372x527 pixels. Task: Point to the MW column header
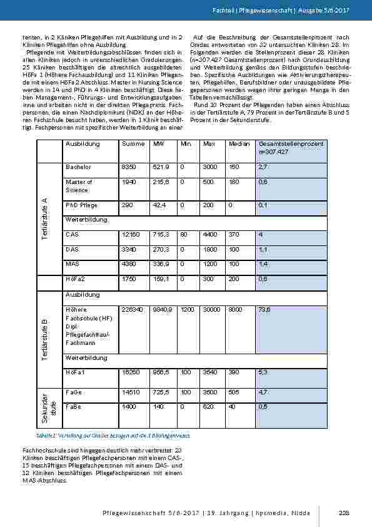point(158,144)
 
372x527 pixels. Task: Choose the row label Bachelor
point(78,168)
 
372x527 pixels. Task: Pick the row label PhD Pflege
point(81,205)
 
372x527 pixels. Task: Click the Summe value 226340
point(133,309)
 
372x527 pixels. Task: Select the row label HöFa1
point(74,372)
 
